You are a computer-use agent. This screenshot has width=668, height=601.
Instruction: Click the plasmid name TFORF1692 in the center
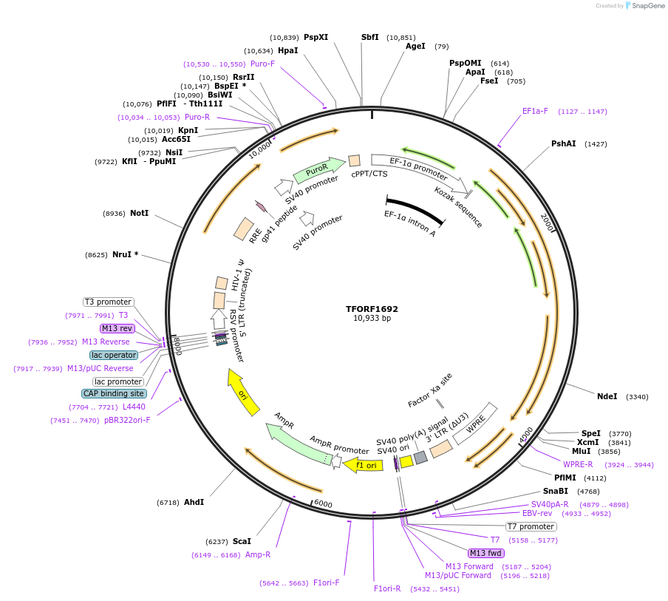coord(372,309)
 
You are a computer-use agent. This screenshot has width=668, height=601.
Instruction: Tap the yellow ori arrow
coord(243,393)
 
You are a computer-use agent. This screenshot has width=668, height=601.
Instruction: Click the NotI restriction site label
coord(139,213)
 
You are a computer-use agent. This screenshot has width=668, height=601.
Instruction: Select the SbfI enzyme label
coord(369,37)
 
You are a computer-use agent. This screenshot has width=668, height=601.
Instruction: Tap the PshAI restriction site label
coord(563,143)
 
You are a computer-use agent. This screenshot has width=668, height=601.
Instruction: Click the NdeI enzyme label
coord(607,396)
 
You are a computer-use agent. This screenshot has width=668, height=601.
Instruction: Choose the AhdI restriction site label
coord(193,502)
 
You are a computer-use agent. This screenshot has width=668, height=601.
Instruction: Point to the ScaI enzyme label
coord(242,540)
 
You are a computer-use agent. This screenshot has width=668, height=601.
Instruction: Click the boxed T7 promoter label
coord(531,526)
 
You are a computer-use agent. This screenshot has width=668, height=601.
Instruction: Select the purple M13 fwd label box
coord(486,553)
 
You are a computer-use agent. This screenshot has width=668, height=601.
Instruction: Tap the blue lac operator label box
coord(115,355)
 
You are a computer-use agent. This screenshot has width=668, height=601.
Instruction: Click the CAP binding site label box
coord(114,393)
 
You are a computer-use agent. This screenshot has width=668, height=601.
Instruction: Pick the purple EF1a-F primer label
coord(535,111)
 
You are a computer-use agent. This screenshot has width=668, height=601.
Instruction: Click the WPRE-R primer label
coord(578,464)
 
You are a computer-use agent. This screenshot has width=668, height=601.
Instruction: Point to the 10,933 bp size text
coord(372,319)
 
